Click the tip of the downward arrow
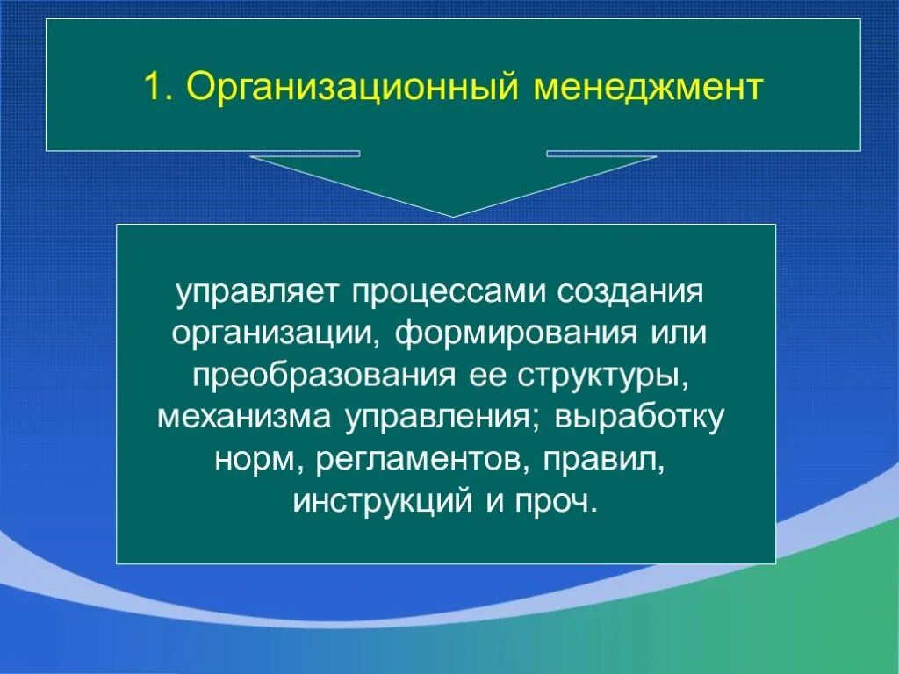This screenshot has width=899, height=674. [x=454, y=214]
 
